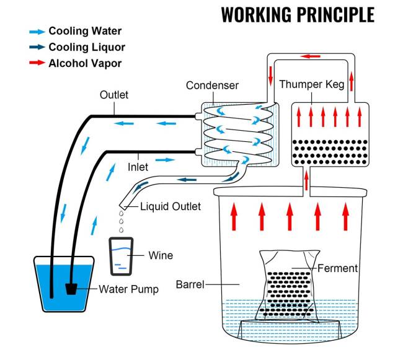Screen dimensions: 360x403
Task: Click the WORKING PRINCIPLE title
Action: click(298, 14)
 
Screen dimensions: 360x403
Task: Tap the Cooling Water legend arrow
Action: click(37, 31)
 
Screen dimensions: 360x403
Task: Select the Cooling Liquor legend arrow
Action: click(37, 47)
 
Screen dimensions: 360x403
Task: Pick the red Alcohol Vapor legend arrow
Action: click(37, 63)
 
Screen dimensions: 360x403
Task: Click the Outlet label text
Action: click(114, 95)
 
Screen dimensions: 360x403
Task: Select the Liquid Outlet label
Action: click(170, 206)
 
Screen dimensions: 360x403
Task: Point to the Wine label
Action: click(161, 255)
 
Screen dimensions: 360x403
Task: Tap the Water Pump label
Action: click(128, 289)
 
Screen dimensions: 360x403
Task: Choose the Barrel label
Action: click(190, 284)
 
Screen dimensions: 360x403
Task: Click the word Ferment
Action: click(337, 268)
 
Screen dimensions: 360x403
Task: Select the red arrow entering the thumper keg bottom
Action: click(306, 178)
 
